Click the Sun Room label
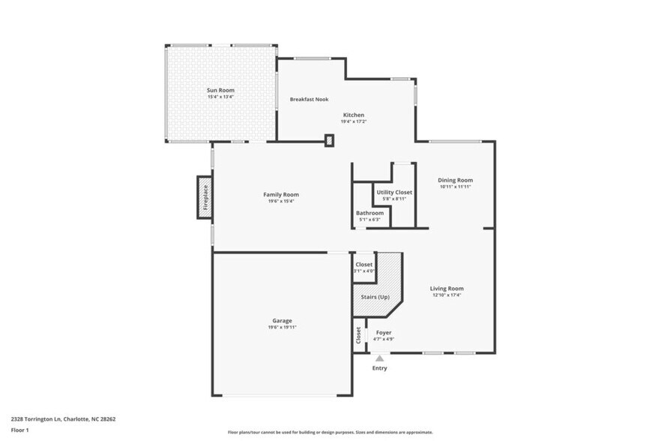pos(220,90)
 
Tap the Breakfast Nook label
pos(309,99)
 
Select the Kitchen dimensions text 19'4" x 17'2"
pos(354,121)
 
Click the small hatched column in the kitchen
pos(329,139)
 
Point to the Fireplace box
pos(204,198)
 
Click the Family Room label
pos(280,194)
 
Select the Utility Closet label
pos(393,193)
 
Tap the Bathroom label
pos(369,213)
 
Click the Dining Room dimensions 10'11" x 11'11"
pos(455,187)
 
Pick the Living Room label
pos(446,288)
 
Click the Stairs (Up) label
pos(375,298)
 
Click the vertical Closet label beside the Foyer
pos(359,336)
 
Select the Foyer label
pos(384,332)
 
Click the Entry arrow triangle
pos(380,358)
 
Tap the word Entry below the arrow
pos(380,368)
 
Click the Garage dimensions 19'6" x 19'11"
pos(282,327)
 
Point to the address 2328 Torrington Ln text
pos(62,419)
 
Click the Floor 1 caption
pos(19,430)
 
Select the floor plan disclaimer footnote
pos(330,432)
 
